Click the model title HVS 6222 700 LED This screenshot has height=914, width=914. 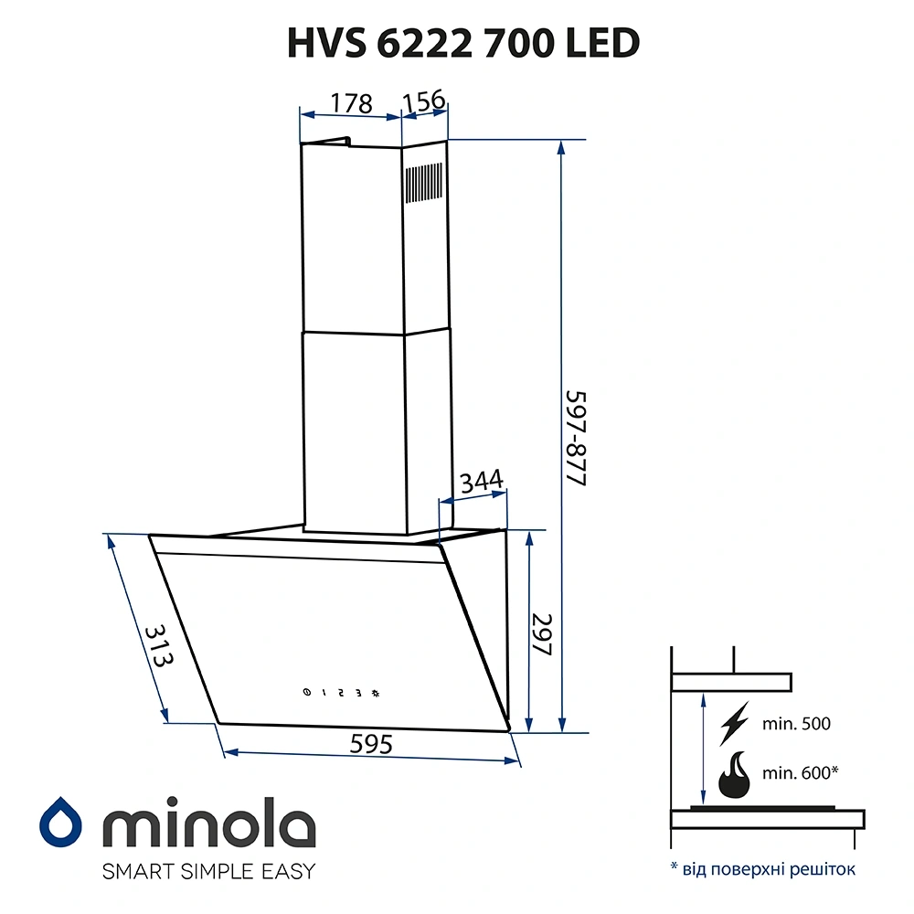coord(462,44)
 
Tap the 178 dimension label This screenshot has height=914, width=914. coord(351,103)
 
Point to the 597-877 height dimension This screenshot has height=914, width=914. coord(575,439)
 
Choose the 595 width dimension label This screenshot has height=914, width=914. coord(371,745)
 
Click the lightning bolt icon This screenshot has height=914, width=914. coord(734,722)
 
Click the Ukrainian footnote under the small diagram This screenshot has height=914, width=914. coord(763,868)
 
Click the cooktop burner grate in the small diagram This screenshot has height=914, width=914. coord(762,808)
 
